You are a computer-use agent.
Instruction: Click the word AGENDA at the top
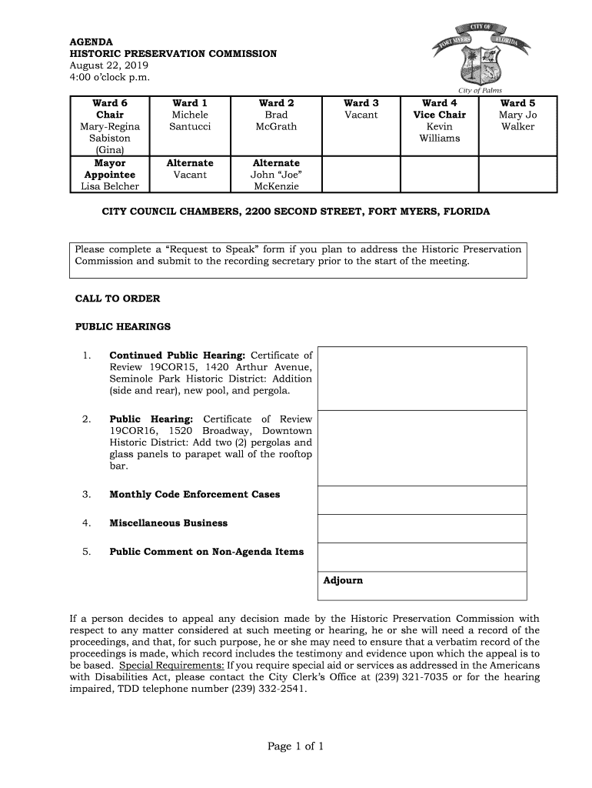(91, 42)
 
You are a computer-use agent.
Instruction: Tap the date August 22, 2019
(104, 66)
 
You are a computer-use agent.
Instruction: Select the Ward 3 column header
(361, 103)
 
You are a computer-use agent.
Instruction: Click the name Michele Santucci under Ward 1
(190, 121)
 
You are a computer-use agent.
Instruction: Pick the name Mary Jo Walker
(517, 121)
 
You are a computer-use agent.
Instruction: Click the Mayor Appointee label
(109, 169)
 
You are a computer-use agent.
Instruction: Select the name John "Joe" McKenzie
(276, 181)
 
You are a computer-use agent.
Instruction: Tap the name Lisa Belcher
(109, 186)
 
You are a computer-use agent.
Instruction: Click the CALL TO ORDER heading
(118, 299)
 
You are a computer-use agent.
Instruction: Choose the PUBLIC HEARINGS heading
(123, 327)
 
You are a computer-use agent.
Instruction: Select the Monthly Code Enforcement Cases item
(195, 494)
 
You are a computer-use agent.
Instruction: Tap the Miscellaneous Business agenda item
(168, 523)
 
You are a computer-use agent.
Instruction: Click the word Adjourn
(343, 580)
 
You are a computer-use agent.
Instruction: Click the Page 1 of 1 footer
(296, 746)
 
